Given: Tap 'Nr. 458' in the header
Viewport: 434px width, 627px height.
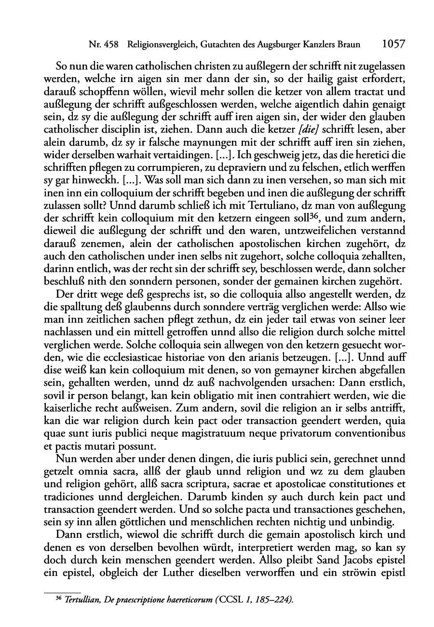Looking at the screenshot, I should coord(104,45).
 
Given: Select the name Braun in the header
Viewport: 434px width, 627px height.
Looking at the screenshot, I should coord(349,45).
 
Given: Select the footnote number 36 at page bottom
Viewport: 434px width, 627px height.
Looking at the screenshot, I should coord(58,599).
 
